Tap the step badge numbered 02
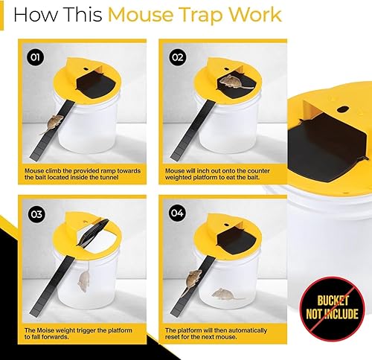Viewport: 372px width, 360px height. (176, 56)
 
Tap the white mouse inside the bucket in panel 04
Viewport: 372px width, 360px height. (228, 294)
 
